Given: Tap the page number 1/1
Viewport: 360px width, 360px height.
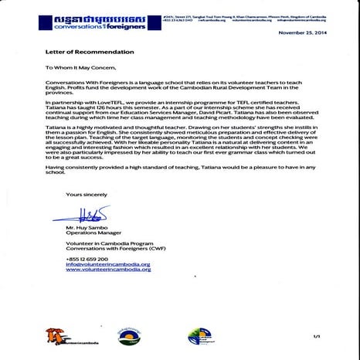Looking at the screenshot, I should coord(316,336).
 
